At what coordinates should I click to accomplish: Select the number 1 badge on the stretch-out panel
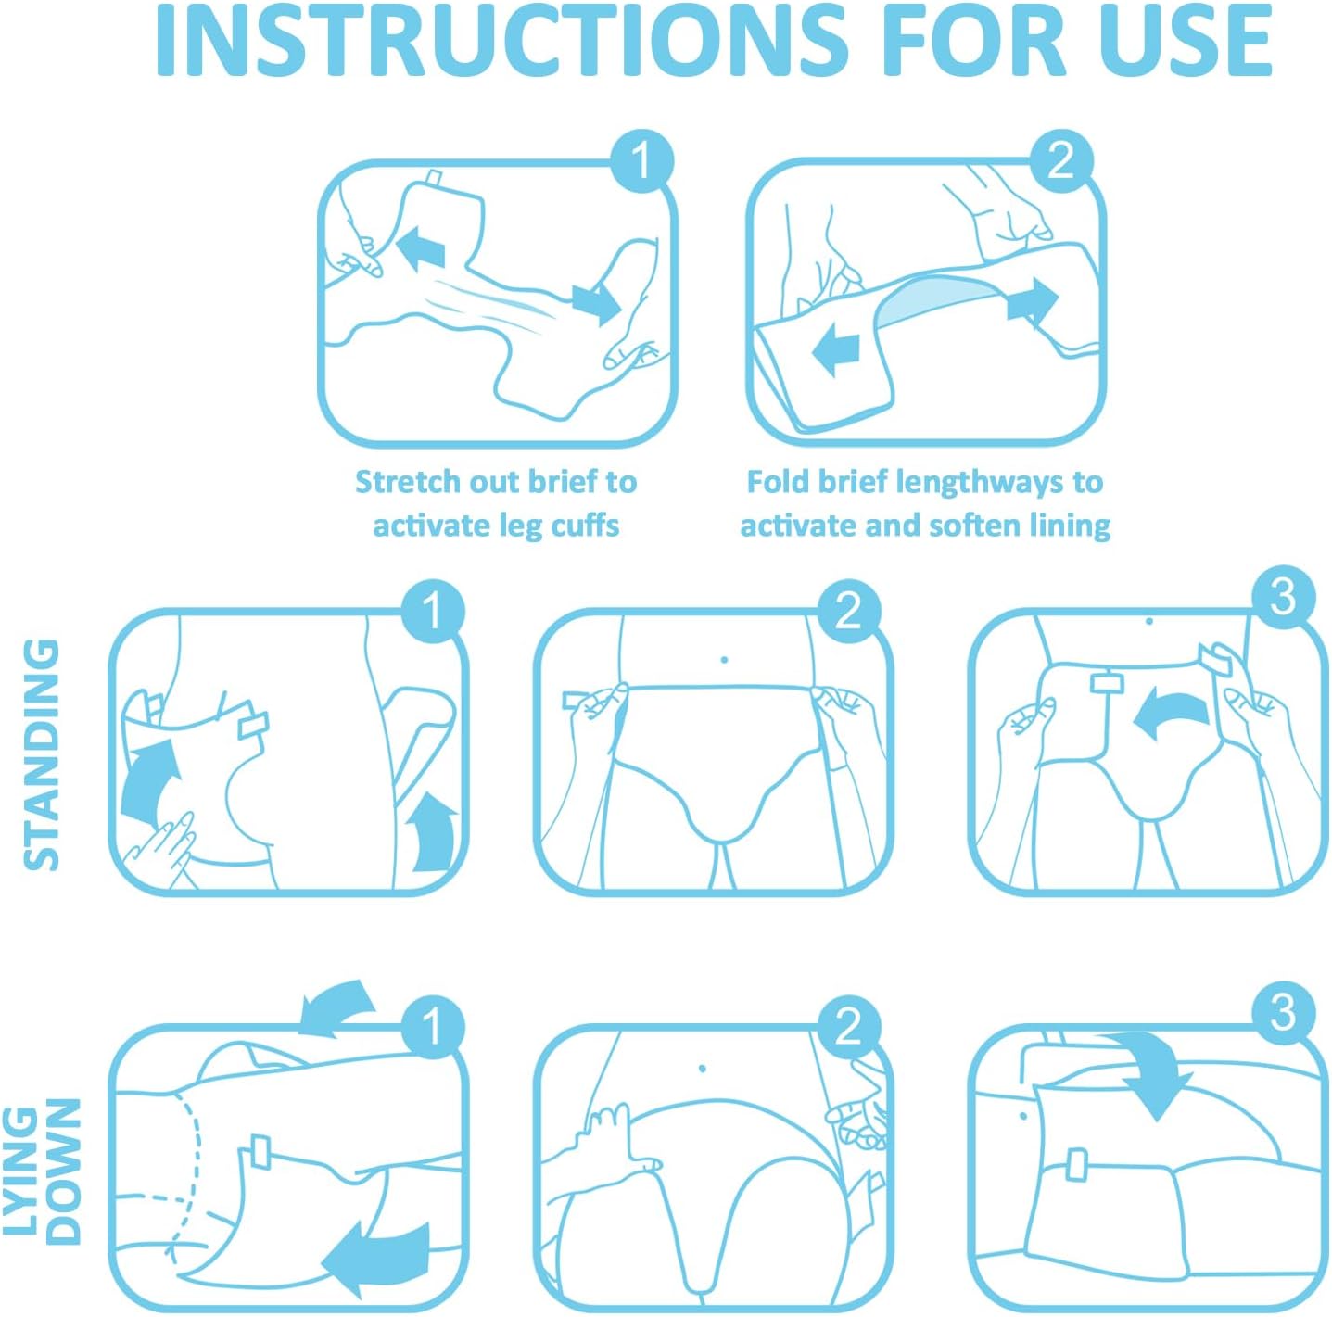[x=641, y=161]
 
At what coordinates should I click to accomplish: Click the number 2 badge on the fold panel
[x=1060, y=161]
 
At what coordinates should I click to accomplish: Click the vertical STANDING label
[x=42, y=754]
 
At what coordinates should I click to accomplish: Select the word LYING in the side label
[x=20, y=1171]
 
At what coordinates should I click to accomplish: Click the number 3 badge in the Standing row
[x=1283, y=597]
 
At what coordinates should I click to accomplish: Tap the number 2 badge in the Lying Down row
[x=848, y=1027]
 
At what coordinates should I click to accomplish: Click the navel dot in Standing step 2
[x=724, y=660]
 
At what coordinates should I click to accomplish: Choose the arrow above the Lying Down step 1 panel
[x=336, y=1007]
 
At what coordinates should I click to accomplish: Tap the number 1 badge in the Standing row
[x=432, y=612]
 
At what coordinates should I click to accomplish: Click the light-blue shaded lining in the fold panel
[x=936, y=298]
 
